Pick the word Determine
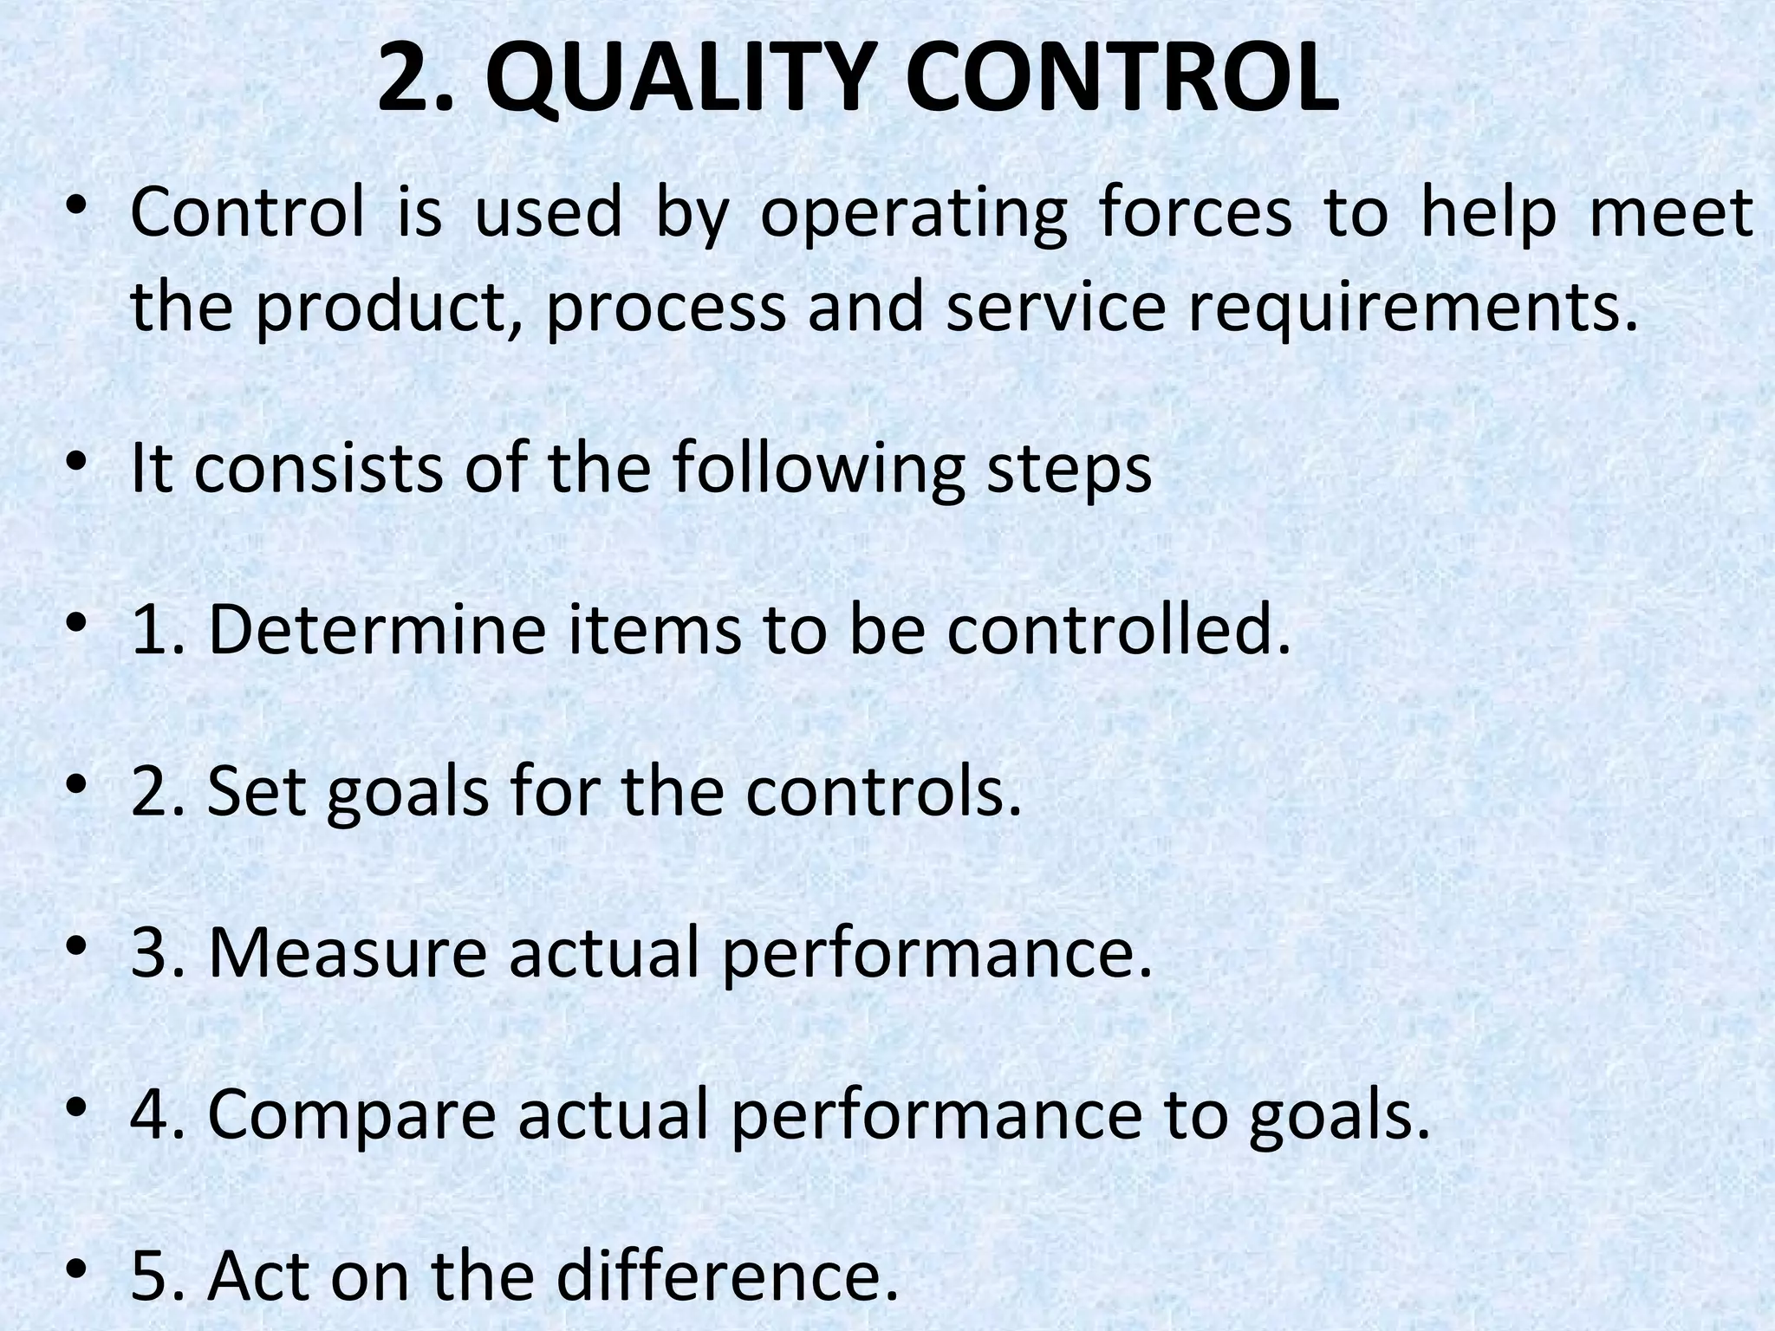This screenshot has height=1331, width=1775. point(377,630)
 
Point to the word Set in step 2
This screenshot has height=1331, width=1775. point(257,792)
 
